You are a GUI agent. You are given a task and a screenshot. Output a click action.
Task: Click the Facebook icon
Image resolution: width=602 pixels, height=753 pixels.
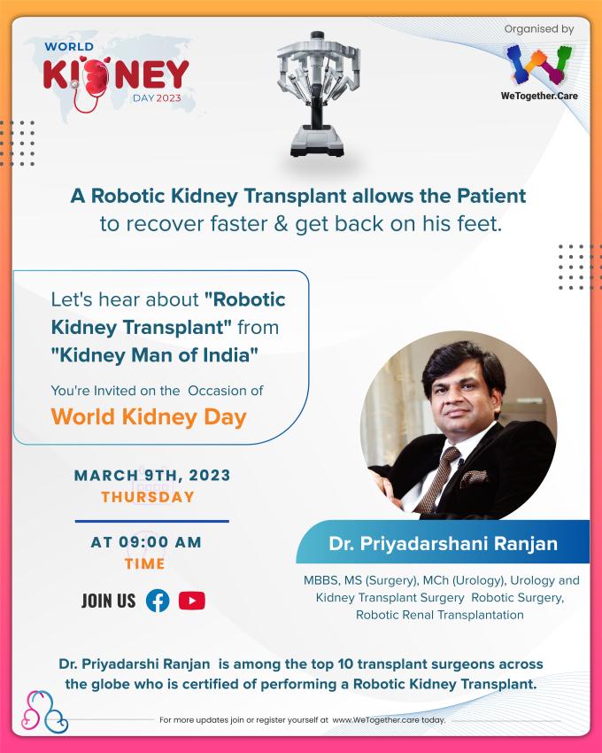158,601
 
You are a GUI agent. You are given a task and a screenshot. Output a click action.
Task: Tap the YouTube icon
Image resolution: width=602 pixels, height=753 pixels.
192,601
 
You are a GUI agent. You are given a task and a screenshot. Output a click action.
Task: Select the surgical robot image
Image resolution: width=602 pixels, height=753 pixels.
318,94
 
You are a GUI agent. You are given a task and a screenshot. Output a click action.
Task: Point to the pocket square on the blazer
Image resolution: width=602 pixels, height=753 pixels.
474,477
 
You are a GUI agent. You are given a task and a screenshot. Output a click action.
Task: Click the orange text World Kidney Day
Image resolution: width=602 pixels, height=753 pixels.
149,417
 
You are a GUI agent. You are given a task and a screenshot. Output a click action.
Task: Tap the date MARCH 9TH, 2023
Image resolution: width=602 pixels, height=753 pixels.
152,475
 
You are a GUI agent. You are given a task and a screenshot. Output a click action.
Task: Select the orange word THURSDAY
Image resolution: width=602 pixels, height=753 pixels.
148,497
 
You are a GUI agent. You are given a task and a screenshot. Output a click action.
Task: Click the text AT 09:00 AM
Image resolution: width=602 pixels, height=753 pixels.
146,541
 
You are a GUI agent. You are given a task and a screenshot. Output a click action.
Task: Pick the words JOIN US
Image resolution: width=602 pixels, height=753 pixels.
109,601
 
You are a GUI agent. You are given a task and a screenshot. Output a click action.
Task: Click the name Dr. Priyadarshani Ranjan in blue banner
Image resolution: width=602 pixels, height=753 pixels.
444,544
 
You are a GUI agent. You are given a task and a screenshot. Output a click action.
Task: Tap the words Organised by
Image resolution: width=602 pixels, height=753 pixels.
539,29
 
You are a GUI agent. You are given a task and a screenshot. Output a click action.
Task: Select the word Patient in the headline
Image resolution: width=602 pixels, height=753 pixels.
491,196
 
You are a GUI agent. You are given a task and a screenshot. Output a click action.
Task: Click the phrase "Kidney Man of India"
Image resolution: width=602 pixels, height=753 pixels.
155,355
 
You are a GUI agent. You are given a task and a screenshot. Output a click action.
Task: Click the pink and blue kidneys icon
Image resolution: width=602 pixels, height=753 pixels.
44,711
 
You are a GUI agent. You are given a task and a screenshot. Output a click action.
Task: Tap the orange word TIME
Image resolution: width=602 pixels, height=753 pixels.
144,563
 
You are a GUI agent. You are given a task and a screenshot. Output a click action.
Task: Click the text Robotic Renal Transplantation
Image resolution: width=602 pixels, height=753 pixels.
440,615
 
